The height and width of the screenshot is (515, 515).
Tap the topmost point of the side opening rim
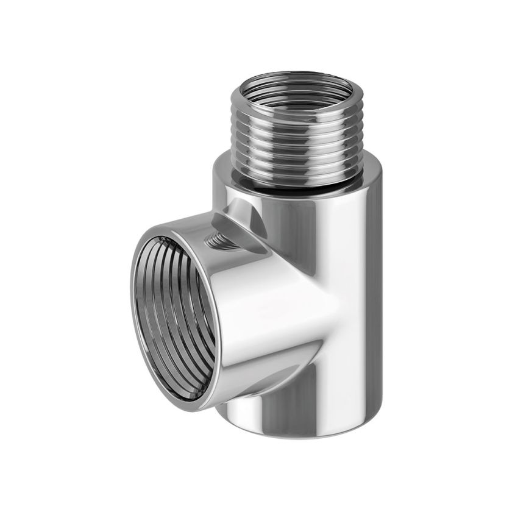point(160,224)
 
